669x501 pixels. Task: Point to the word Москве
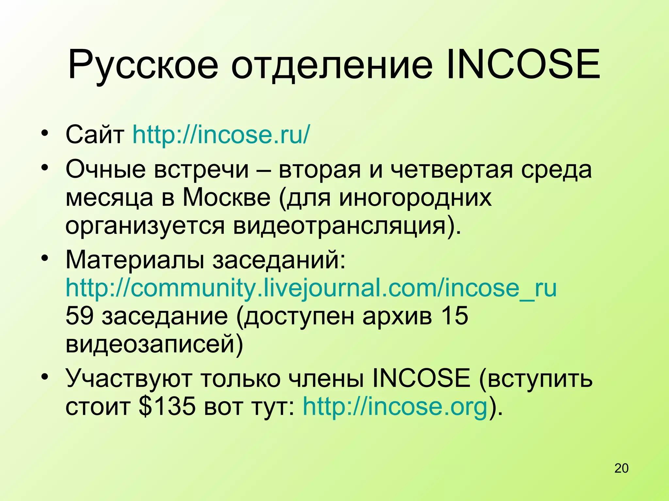[226, 197]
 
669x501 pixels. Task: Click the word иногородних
[415, 197]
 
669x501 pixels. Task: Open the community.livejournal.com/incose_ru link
[311, 288]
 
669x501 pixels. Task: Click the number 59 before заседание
[80, 316]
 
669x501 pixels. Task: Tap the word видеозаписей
[150, 344]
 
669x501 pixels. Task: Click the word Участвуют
[129, 378]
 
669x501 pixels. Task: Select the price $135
[167, 406]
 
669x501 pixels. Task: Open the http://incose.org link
[395, 406]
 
